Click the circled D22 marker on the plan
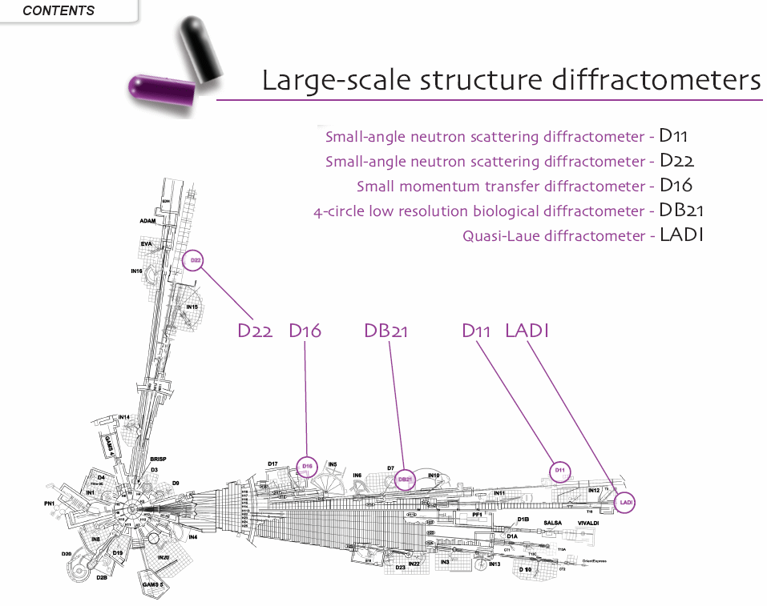point(195,260)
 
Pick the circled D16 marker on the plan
point(307,466)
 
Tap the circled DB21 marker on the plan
point(406,480)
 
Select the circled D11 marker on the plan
point(561,470)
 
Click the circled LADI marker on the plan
point(627,502)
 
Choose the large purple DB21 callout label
point(386,330)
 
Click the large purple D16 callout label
point(305,330)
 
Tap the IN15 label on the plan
point(192,307)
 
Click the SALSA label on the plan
point(553,523)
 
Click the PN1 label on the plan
point(50,504)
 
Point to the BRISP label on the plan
point(158,459)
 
